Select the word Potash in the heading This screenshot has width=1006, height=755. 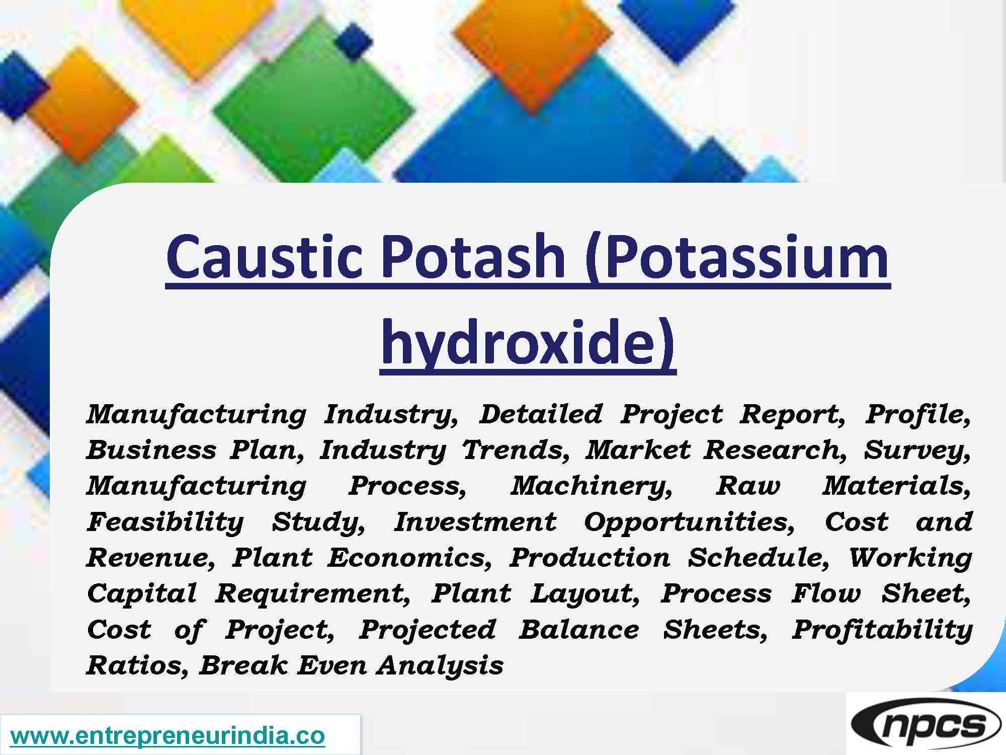pos(473,258)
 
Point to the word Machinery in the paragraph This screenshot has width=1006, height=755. pos(591,486)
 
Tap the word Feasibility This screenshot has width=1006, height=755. pos(165,522)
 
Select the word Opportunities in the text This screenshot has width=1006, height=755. pos(689,522)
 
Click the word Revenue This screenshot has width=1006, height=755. pos(150,558)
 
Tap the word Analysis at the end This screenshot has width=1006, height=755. pos(440,666)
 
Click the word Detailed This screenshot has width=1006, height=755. pos(540,414)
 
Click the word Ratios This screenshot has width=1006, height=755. pos(137,666)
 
